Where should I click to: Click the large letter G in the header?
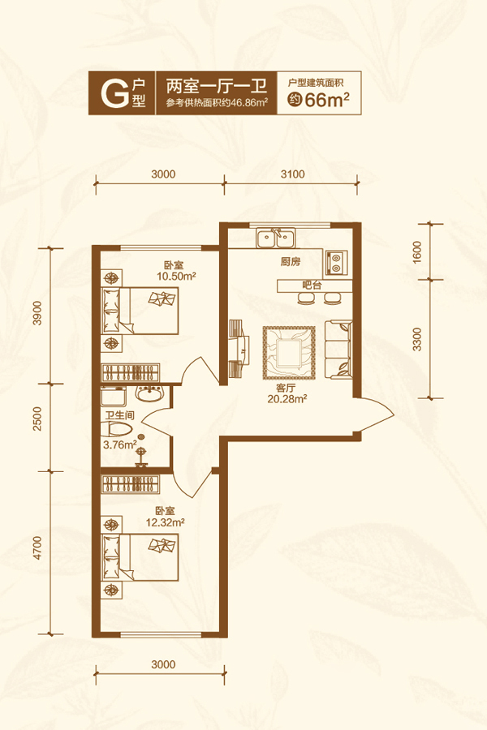coord(114,93)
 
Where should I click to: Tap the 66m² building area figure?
coord(327,100)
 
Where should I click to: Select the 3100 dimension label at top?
coord(292,174)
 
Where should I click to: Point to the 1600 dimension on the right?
coord(417,252)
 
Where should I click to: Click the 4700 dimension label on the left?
coord(37,548)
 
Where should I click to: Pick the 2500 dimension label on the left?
coord(37,419)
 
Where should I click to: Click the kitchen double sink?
coord(275,238)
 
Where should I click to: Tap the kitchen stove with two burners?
coord(336,262)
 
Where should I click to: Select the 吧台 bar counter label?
coord(312,286)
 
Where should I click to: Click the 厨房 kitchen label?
coord(291,262)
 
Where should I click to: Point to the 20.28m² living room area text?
coord(287,399)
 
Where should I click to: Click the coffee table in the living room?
coord(289,353)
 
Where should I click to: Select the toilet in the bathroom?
coord(117,430)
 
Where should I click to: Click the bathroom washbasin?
coord(149,394)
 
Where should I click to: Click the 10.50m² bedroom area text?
coord(176,276)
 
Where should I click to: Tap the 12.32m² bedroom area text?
coord(166,522)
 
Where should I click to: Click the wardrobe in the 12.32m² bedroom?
coord(130,484)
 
